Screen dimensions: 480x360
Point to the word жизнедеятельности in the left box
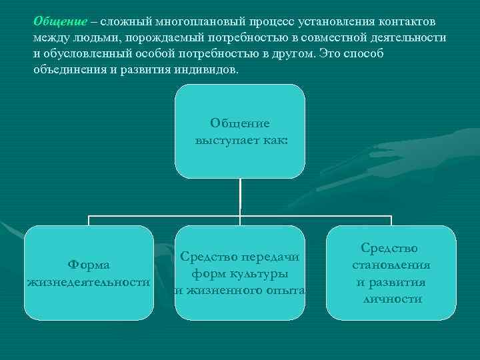point(89,282)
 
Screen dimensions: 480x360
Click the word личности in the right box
point(391,299)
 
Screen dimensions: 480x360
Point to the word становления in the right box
point(391,265)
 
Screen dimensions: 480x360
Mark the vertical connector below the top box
point(240,197)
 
